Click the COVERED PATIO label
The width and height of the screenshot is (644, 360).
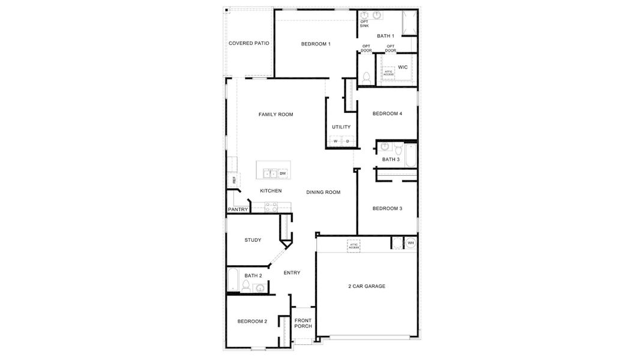coord(248,44)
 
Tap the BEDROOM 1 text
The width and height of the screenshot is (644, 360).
coord(316,44)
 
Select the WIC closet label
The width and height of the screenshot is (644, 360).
coord(403,67)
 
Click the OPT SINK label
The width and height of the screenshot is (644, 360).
coord(364,24)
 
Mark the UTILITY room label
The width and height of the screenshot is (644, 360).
coord(341,127)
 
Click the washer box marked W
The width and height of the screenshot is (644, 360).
coord(336,142)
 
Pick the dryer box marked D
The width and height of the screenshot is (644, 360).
coord(347,142)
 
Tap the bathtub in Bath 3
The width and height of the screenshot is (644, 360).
coord(411,155)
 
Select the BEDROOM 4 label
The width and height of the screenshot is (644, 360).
coord(387,114)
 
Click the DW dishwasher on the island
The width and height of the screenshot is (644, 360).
coord(283,173)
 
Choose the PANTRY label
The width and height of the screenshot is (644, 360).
coord(238,209)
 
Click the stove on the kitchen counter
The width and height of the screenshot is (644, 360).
coord(271,207)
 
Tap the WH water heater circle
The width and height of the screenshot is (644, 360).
coord(411,243)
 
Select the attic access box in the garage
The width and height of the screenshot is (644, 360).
coord(354,245)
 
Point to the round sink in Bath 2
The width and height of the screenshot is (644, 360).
coord(260,288)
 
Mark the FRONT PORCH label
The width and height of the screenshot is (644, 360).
coord(303,323)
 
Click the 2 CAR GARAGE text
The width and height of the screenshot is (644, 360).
coord(366,286)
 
